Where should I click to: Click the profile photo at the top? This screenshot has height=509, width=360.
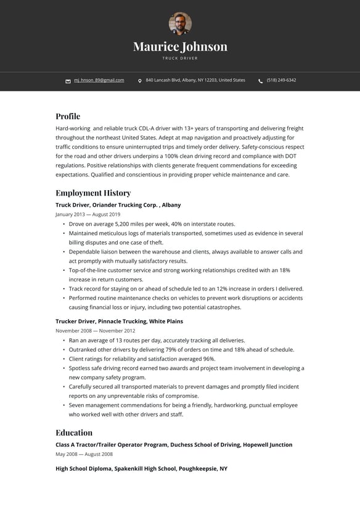[x=180, y=23]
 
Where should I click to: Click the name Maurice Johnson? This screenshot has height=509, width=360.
[x=180, y=46]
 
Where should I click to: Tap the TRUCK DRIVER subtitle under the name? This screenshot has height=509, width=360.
[x=180, y=58]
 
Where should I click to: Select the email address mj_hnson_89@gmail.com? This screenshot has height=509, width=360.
[x=99, y=80]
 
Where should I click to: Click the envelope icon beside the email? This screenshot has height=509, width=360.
[x=68, y=81]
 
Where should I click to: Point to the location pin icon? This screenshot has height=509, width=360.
[x=140, y=81]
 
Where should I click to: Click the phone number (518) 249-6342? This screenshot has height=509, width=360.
[x=281, y=80]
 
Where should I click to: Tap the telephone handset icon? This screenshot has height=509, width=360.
[x=260, y=81]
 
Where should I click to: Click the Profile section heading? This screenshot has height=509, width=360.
[x=68, y=116]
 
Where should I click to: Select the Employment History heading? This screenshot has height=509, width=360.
[x=93, y=192]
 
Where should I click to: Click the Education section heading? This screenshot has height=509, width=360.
[x=74, y=432]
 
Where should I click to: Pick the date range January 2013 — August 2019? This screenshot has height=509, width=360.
[x=88, y=214]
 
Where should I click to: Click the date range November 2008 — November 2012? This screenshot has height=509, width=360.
[x=96, y=331]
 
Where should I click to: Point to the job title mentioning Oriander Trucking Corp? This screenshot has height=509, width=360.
[x=118, y=205]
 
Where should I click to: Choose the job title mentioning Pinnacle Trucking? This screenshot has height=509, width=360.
[x=119, y=321]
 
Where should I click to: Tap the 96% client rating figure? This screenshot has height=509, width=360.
[x=209, y=358]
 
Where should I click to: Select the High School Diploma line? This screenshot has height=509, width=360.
[x=141, y=469]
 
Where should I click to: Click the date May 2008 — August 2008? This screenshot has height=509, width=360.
[x=84, y=454]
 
